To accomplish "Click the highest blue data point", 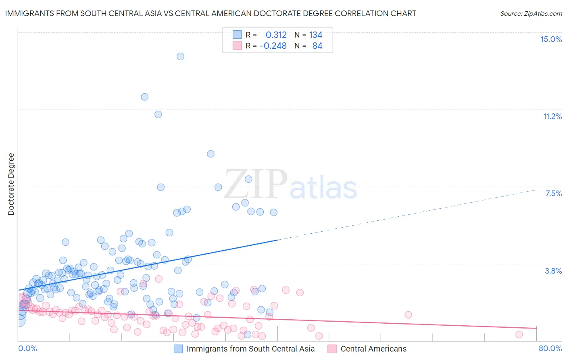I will point(180,57).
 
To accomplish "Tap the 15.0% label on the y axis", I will point(551,39).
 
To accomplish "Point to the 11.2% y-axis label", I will point(552,116).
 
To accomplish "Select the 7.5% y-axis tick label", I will point(553,193).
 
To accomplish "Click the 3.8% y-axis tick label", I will point(553,271).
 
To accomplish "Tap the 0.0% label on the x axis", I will point(27,348).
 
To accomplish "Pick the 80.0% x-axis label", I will point(550,348).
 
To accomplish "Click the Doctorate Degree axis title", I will point(11,184).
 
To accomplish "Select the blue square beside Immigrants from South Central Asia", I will point(178,349).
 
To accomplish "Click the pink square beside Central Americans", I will point(332,349).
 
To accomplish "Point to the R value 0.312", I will point(276,35).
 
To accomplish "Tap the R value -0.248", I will point(273,46).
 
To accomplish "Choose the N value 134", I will point(316,35).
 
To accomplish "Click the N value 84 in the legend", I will point(317,46).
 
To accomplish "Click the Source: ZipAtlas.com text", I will point(531,14).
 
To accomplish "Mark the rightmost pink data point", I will point(519,334).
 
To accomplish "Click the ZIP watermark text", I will point(256,184).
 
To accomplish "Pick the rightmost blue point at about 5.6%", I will point(273,212).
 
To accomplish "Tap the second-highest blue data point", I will point(144,97).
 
